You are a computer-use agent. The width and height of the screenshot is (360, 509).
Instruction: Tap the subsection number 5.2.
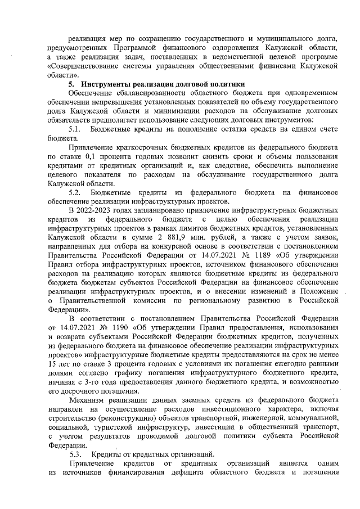[x=75, y=193]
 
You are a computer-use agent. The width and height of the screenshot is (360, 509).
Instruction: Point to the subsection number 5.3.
[x=75, y=453]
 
